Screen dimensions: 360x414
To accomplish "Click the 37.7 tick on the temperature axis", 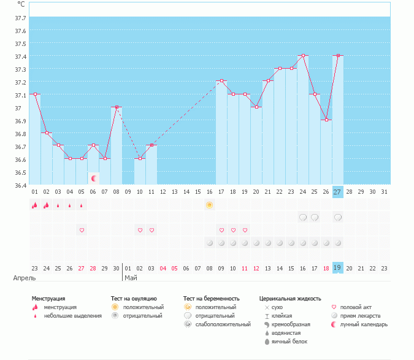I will point(20,18).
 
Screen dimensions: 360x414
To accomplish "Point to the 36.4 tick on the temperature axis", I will point(20,185).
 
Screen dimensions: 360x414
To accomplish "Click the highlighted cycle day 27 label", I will point(337,192).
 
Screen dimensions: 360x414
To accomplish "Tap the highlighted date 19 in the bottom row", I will point(337,267).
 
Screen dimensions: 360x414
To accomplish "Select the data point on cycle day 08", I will point(117,107).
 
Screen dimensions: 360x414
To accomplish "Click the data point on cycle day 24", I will point(302,56).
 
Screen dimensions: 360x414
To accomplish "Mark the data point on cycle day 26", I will point(326,120).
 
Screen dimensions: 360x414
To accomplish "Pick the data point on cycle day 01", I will point(35,94).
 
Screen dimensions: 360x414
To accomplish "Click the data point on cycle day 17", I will point(221,81).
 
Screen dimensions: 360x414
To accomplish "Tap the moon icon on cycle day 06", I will point(94,178).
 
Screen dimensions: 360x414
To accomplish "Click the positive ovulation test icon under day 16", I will point(210,205).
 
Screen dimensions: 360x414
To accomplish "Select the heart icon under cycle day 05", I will point(82,230).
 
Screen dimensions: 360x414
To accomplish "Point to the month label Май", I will point(131,278).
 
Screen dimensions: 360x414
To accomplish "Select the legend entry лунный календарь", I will point(364,324).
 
